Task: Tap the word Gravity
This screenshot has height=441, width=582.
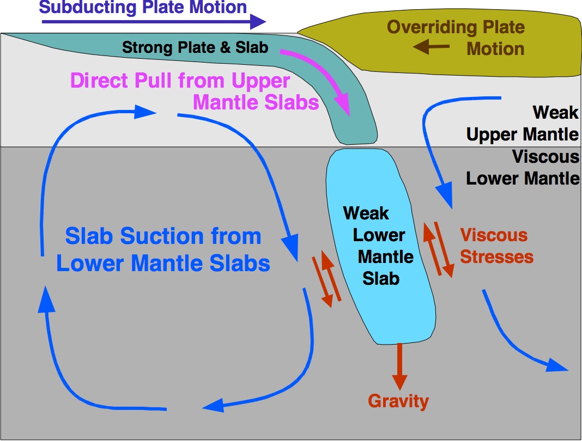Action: [x=398, y=402]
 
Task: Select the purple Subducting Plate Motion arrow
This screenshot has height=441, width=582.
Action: [x=153, y=22]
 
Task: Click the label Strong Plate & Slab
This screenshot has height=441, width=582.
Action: [x=195, y=47]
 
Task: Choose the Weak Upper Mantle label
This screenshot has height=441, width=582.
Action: [x=523, y=123]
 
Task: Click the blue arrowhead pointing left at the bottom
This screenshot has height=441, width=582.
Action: [x=213, y=405]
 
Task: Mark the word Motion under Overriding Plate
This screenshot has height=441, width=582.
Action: [x=495, y=48]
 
